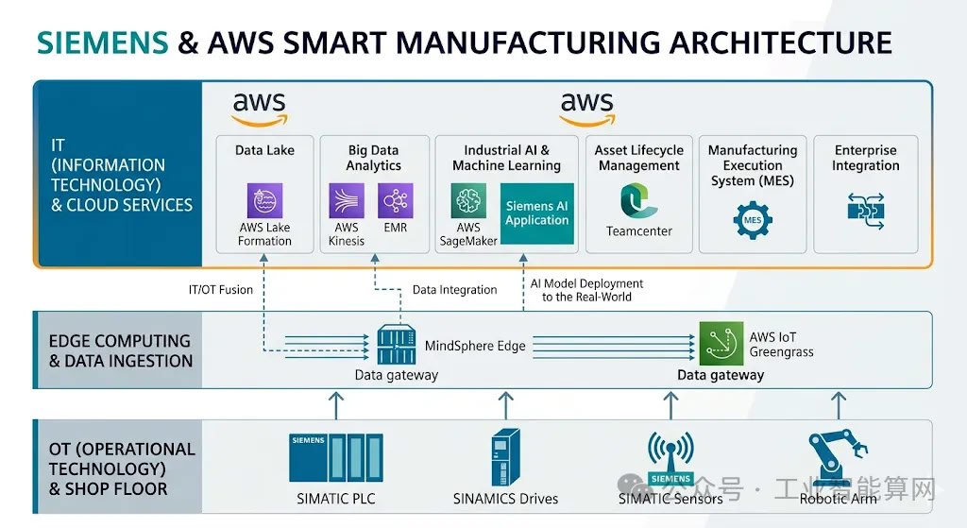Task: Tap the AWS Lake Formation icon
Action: point(264,201)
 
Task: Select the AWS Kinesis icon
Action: point(347,201)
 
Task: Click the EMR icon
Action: point(395,201)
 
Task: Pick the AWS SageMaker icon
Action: point(468,201)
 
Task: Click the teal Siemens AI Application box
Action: point(536,213)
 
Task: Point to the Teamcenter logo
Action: point(638,200)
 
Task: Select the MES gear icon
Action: point(753,219)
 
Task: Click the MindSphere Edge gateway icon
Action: point(397,345)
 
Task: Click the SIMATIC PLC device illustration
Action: point(335,458)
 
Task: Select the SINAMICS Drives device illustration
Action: point(505,458)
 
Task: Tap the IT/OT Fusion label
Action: point(221,290)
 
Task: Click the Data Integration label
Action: point(454,290)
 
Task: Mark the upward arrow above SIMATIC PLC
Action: point(335,406)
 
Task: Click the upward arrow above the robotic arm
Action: point(838,406)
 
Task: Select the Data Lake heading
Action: point(264,150)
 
